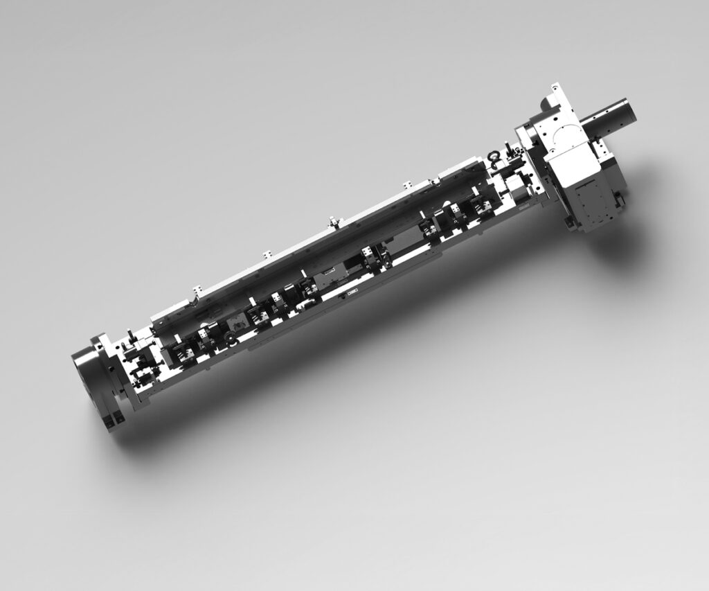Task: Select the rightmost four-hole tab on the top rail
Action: pos(407,186)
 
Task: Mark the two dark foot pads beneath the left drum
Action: pos(114,421)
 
